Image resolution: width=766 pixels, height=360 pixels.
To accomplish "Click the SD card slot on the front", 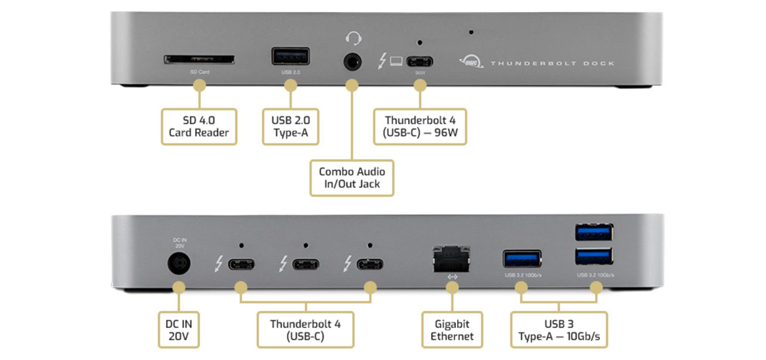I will pos(199,60).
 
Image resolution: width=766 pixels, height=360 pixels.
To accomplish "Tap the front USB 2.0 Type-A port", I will pos(290,57).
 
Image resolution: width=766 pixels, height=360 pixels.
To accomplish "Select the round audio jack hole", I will pos(352,62).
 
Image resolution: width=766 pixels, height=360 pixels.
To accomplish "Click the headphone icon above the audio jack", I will pos(353,38).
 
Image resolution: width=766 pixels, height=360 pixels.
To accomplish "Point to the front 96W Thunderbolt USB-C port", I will pos(420,62).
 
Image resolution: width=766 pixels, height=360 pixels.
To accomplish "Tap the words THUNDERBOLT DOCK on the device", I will pos(552,63).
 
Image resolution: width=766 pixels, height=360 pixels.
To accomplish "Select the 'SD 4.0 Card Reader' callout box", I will pos(199,127).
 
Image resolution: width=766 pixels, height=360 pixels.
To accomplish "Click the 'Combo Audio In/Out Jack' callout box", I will pos(352,178).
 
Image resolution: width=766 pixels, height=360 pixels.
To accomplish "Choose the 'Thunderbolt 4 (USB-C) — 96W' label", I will pos(420,127).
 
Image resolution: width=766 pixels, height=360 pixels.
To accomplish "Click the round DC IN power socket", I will pos(179,263).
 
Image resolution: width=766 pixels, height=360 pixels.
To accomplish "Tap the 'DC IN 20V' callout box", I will pos(179,330).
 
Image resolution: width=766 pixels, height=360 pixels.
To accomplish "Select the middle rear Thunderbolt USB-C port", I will pos(306,265).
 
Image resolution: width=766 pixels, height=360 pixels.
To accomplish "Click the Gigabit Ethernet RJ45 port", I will pos(451,259).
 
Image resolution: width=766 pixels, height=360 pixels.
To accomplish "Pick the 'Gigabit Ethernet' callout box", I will pos(452,330).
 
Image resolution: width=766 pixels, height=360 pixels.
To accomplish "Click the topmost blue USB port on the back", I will pos(594,232).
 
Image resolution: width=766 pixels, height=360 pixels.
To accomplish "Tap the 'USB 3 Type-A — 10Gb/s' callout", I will pos(559,330).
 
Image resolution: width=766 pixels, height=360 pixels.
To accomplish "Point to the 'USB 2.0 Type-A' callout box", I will pos(290,127).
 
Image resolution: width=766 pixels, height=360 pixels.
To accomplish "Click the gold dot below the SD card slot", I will pos(199,86).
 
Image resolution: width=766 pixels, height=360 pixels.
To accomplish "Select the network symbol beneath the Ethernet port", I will pos(452,277).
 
